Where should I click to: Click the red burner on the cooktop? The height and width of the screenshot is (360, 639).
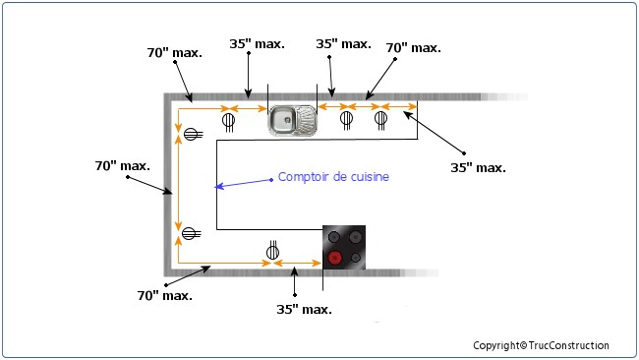pos(335,258)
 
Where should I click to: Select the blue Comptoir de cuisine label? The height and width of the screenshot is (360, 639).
pos(334,177)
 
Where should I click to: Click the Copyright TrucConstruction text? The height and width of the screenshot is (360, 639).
pos(541,345)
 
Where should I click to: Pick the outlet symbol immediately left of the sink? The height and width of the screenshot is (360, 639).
pos(229,122)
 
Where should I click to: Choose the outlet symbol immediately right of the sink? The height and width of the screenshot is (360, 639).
pos(346,120)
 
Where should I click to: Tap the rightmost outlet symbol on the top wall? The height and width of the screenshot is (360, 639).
pos(380,120)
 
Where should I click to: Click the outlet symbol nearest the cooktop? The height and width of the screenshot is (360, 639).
pos(272,251)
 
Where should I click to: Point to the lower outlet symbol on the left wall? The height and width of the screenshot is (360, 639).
pos(192,233)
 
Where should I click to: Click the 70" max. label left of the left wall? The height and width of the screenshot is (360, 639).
pos(122,166)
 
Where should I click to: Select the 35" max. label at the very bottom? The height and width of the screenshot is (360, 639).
pos(304,308)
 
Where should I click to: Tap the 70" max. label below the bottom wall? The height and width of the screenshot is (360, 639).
pos(164,294)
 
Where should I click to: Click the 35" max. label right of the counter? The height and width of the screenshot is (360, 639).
pos(478,168)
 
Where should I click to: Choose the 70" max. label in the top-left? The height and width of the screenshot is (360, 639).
pos(175,52)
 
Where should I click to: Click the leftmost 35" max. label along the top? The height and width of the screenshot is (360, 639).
pos(258,44)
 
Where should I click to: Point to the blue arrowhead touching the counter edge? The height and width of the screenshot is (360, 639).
pos(221,186)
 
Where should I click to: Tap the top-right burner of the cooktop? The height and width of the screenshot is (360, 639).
pos(355,237)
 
